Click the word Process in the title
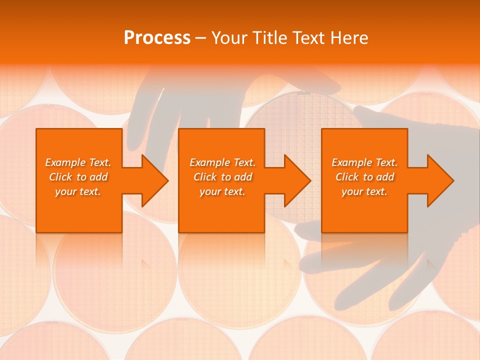[x=157, y=38]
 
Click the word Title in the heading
[x=268, y=38]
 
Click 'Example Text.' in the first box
[x=78, y=162]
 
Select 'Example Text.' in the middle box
[x=222, y=162]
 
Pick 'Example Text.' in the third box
[x=364, y=162]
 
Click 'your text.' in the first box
[x=78, y=191]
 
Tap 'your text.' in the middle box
[x=222, y=191]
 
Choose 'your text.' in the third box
[x=364, y=191]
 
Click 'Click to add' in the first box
[x=78, y=177]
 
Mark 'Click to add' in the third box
[x=364, y=177]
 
